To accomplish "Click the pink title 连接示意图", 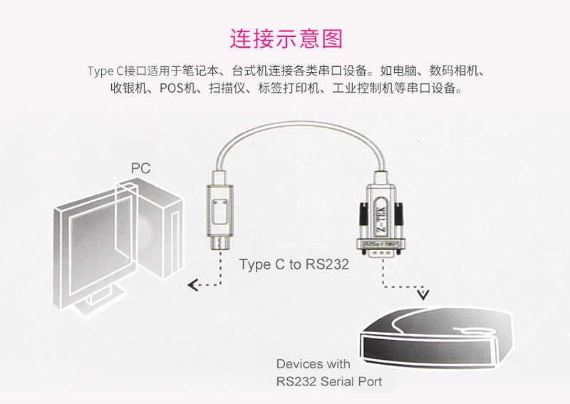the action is tap(286, 39).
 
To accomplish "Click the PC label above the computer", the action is tap(140, 168).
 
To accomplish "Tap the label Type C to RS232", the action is tap(294, 264).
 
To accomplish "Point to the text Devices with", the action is tap(313, 364).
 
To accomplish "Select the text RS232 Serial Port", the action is tap(329, 381).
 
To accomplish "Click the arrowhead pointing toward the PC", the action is tap(192, 285).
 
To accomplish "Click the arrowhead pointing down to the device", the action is tap(423, 294).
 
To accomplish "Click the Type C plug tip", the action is tap(220, 243).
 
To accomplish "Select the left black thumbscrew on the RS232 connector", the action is tap(363, 214).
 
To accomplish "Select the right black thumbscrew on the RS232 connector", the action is tap(398, 214).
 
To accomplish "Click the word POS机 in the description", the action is tap(177, 88).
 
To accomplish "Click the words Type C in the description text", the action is tap(105, 71).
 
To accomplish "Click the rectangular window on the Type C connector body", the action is tap(220, 212).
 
